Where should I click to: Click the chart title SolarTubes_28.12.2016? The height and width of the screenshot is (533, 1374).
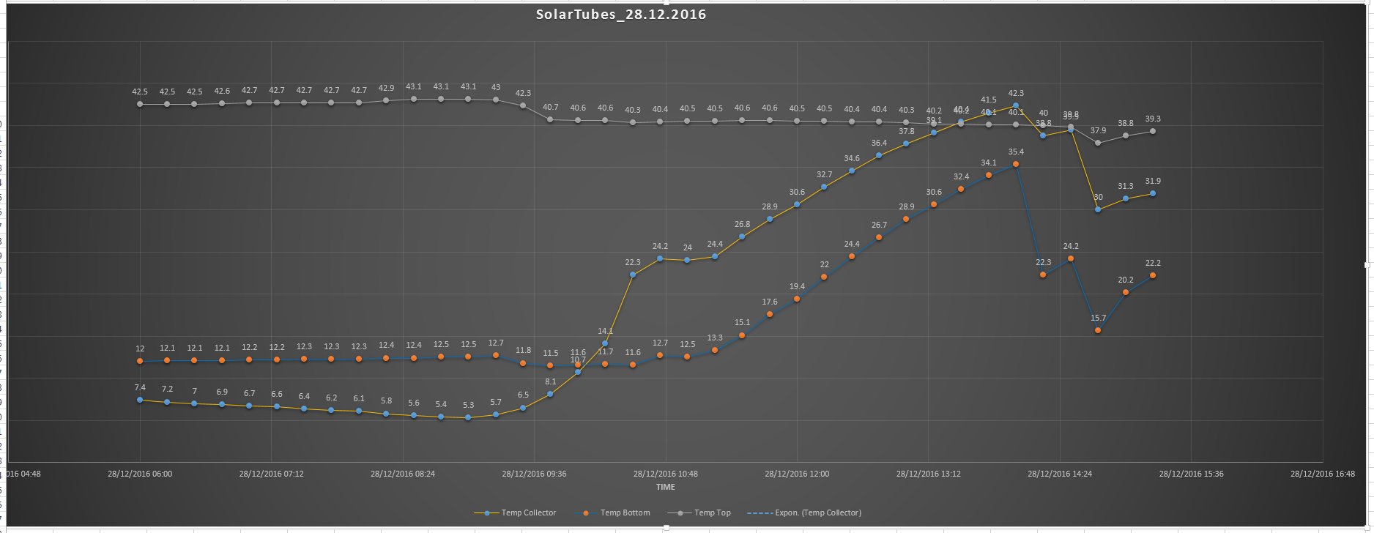pos(621,15)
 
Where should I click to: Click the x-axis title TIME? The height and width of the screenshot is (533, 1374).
pos(666,487)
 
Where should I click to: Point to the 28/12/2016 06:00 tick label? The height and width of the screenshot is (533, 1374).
pos(140,474)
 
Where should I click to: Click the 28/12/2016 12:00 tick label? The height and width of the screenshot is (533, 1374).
pos(797,474)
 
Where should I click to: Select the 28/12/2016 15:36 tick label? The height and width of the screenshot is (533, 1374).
pos(1191,474)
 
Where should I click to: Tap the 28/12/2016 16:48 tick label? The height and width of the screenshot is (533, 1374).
pos(1323,474)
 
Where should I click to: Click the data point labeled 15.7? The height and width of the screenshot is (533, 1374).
pos(1098,330)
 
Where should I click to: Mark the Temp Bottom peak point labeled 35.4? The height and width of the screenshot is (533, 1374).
pos(1016,164)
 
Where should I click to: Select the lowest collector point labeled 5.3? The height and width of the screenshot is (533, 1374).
pos(468,417)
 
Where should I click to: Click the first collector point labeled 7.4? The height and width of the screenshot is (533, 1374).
pos(140,400)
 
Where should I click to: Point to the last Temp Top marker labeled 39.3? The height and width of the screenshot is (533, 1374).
pos(1153,131)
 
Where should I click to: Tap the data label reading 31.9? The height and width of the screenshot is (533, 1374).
pos(1153,181)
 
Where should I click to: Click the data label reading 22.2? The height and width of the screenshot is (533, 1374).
pos(1153,263)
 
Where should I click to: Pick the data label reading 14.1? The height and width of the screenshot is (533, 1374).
pos(605,331)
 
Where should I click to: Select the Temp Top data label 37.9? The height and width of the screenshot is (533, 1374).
pos(1098,130)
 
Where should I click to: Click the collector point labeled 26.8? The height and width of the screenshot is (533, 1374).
pos(742,236)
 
